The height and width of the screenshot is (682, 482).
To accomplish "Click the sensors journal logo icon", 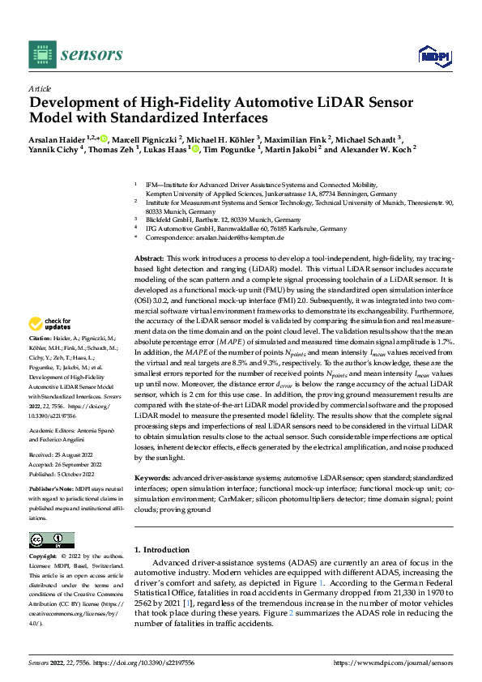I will (x=41, y=53).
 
